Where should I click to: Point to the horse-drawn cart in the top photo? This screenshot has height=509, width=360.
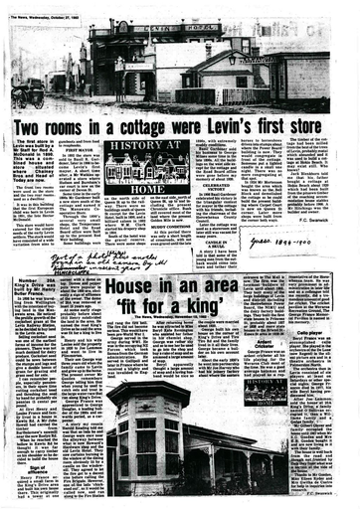pyautogui.click(x=28, y=95)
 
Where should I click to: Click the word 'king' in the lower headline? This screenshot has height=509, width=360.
pyautogui.click(x=228, y=308)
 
